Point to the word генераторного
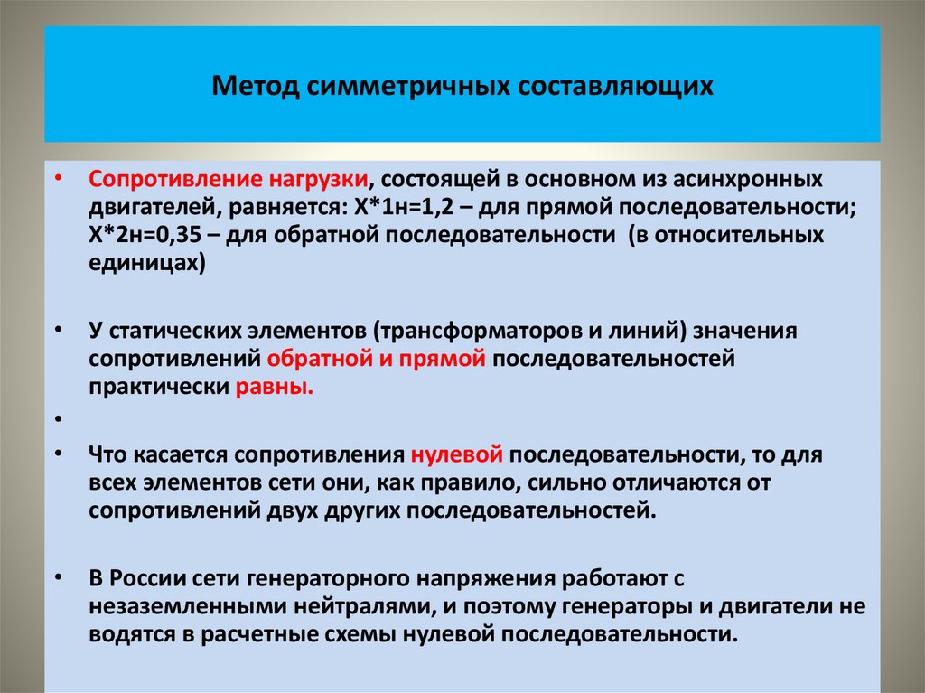pos(331,577)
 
